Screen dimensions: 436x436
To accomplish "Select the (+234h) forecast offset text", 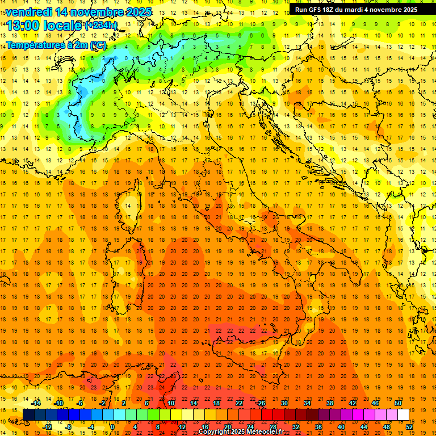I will (x=101, y=25).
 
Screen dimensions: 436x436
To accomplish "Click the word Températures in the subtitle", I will (x=33, y=44).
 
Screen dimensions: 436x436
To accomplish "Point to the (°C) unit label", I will (x=97, y=44).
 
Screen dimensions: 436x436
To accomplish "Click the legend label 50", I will (x=398, y=403).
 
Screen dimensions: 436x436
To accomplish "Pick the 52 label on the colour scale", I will (x=409, y=427).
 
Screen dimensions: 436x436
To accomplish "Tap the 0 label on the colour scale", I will (x=112, y=427).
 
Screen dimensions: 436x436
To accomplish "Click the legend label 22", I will (x=239, y=403).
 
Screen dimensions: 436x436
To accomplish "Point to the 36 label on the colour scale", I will (x=318, y=427).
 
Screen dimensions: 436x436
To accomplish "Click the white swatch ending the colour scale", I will (x=403, y=414).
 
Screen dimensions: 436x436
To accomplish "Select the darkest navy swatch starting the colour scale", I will (x=29, y=414).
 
